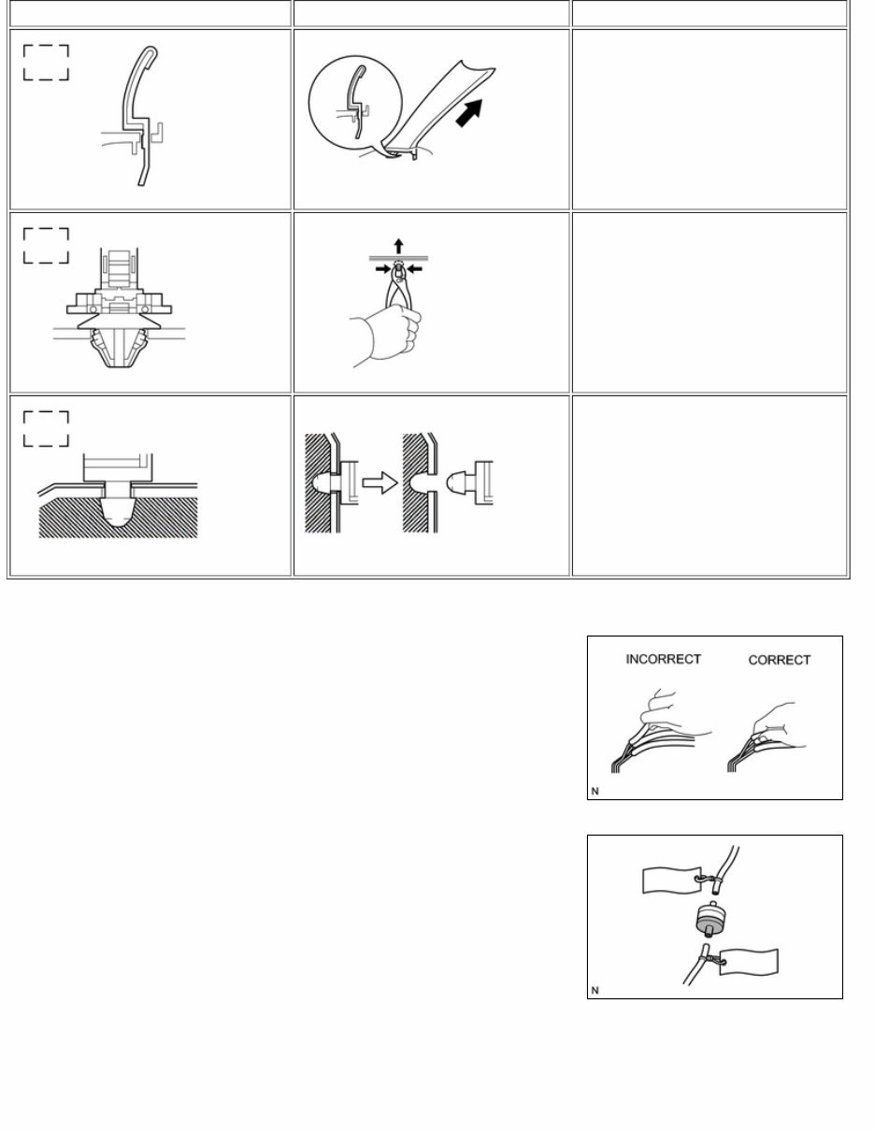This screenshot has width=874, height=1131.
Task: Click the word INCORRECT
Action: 663,659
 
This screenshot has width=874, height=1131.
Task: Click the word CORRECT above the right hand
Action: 780,660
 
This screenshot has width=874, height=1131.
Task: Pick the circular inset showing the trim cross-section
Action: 354,103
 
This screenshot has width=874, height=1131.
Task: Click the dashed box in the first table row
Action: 46,62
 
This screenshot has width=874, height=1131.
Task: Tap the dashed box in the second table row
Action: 46,245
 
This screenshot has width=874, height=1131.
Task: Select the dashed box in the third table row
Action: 46,428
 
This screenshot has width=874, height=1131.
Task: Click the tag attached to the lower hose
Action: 751,964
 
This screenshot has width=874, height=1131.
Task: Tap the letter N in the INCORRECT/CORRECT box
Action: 595,792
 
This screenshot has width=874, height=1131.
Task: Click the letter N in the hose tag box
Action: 595,990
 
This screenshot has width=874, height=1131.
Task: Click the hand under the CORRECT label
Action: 774,720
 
